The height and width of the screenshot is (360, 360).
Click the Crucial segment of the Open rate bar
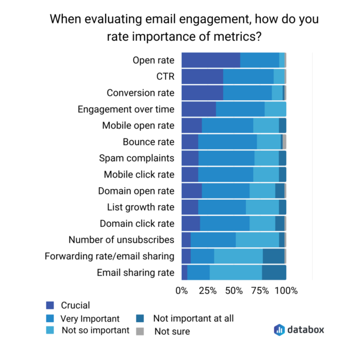click(x=211, y=60)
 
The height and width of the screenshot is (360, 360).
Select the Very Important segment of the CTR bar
click(x=248, y=76)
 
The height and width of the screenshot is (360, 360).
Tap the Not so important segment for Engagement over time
click(x=275, y=109)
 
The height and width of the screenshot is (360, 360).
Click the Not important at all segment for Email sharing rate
click(x=274, y=272)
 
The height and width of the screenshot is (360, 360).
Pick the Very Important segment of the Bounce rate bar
click(x=227, y=142)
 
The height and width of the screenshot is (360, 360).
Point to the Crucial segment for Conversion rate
click(x=202, y=92)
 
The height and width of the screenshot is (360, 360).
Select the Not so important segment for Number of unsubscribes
click(x=257, y=240)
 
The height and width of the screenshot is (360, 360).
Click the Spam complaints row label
click(x=137, y=158)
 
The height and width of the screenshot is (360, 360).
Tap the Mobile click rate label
click(x=139, y=175)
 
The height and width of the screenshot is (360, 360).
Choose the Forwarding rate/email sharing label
click(x=109, y=256)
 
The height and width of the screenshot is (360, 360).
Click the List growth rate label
click(x=140, y=207)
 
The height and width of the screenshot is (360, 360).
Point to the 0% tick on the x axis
click(x=182, y=291)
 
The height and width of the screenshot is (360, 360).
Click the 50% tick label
click(x=234, y=291)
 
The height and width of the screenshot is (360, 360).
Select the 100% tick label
click(x=286, y=291)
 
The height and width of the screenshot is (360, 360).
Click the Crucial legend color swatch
click(x=50, y=305)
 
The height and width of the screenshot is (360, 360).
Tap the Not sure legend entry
click(x=172, y=331)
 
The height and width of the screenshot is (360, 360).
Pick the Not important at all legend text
click(x=193, y=319)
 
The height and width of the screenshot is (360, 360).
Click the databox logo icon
click(x=279, y=329)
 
